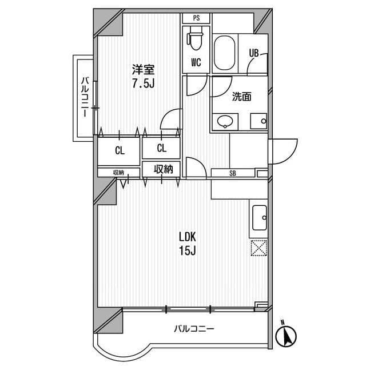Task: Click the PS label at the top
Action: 197,17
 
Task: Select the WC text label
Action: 195,63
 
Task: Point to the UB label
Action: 254,53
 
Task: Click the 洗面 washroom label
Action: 241,97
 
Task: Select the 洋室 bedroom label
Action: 144,70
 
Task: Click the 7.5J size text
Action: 144,83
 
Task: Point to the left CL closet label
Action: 120,151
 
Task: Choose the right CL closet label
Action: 161,149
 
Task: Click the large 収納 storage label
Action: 161,169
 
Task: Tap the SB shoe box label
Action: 233,173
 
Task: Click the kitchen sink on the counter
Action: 259,216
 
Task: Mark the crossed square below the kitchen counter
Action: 259,248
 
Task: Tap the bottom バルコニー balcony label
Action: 194,329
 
